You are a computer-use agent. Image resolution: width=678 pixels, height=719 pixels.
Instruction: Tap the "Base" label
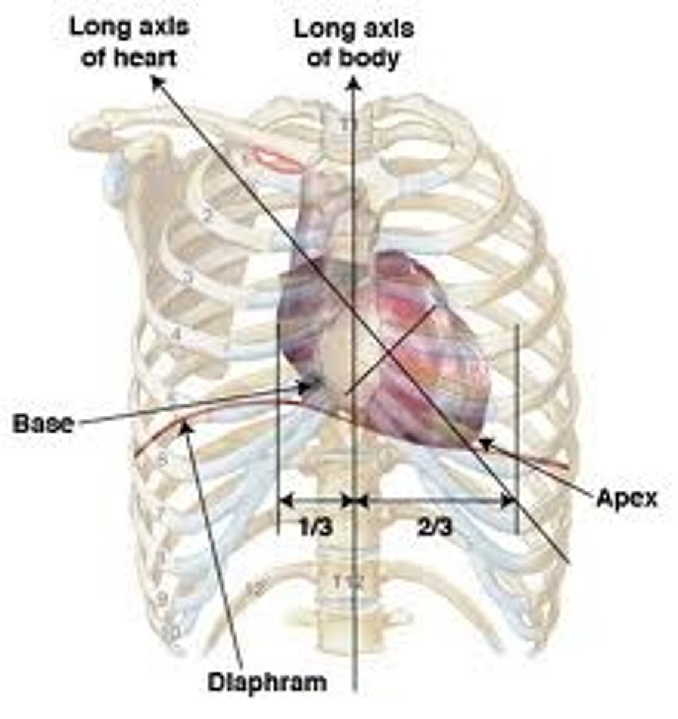[44, 424]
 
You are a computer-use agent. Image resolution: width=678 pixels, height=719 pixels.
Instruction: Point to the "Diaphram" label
[267, 682]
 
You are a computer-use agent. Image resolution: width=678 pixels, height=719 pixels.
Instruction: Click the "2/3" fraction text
[435, 527]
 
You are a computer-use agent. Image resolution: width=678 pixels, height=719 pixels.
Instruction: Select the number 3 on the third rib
[188, 278]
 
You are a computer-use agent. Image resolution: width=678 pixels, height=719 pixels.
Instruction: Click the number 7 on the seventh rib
[160, 513]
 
